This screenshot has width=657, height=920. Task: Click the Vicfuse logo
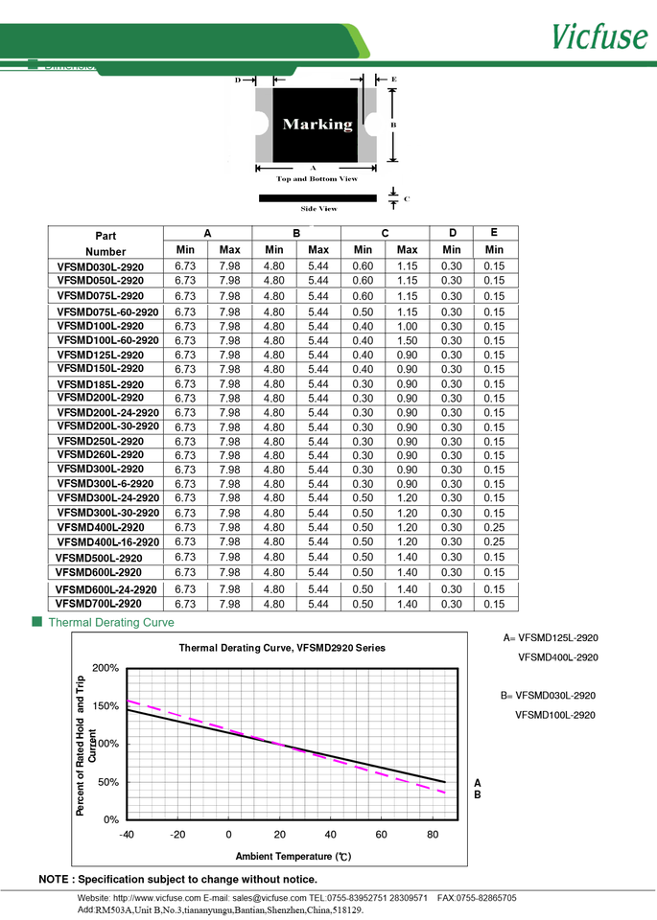[599, 36]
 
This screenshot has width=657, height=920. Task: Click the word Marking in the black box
[317, 125]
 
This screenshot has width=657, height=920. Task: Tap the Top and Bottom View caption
[317, 179]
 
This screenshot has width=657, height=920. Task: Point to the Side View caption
[318, 208]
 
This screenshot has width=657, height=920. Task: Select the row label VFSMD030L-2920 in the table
[101, 265]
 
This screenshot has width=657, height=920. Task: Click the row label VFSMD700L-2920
[99, 605]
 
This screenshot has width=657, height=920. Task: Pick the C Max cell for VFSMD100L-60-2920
[408, 341]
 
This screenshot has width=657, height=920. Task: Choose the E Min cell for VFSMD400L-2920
[494, 528]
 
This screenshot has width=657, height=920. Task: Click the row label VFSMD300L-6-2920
[105, 484]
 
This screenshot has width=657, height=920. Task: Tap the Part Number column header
[106, 242]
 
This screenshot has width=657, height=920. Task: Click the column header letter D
[452, 233]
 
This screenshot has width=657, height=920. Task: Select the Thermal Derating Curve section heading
[111, 623]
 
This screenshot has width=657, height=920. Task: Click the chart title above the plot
[282, 648]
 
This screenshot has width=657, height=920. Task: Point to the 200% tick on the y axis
[106, 668]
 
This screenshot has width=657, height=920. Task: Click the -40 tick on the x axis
[127, 835]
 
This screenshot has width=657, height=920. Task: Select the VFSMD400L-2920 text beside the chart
[557, 657]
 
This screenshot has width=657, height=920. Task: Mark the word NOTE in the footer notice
[54, 879]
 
